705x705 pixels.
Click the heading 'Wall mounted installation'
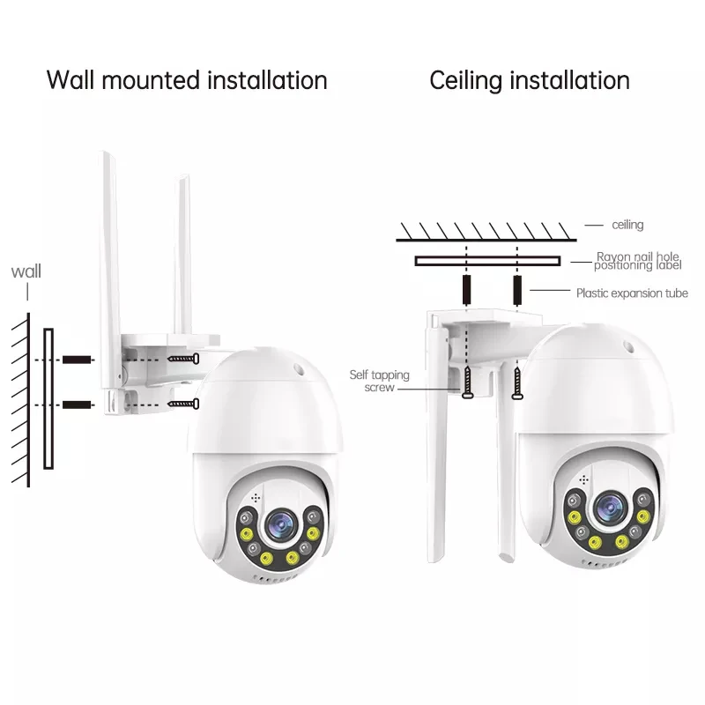(x=186, y=80)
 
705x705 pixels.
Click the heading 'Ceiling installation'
(x=530, y=80)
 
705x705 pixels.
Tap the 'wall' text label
(x=26, y=271)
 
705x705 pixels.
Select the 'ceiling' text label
(x=627, y=226)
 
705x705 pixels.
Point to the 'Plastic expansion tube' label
(x=632, y=293)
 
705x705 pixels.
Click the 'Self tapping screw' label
(x=379, y=381)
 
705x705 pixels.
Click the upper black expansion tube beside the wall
(x=78, y=360)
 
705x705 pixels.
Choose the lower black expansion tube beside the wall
(x=78, y=404)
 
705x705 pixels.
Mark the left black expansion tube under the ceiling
(x=465, y=288)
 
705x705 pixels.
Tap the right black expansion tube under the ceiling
(x=516, y=288)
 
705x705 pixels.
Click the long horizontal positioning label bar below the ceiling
(x=487, y=261)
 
